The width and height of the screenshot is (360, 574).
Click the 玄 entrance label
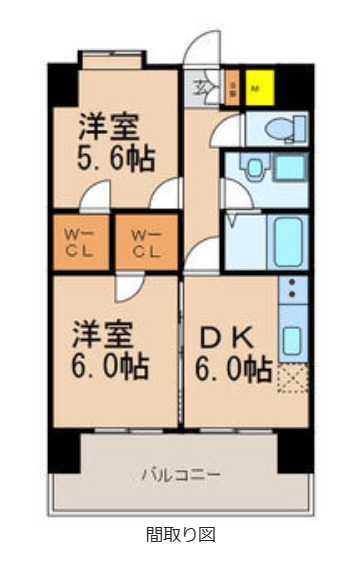pos(202,87)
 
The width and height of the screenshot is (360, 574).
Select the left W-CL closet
pos(80,243)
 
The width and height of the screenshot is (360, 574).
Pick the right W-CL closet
pos(147,243)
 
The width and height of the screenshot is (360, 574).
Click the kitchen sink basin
pos(292,339)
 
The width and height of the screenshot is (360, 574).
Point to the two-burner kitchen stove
pos(292,291)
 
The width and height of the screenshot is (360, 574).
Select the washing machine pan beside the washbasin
pos(290,167)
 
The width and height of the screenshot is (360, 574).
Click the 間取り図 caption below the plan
pos(181,535)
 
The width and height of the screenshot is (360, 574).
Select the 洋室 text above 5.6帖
pos(111,128)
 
